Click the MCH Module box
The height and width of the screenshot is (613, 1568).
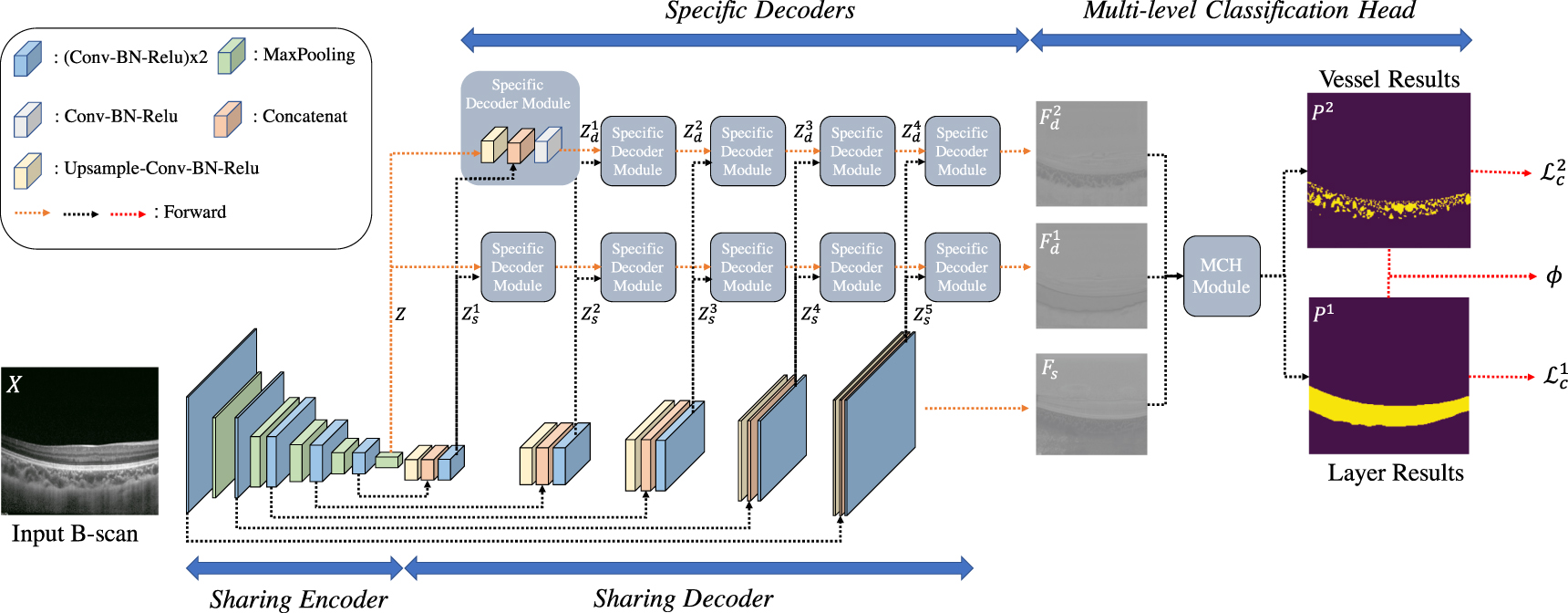coord(1222,276)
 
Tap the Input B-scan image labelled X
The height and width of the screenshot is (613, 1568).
coord(80,441)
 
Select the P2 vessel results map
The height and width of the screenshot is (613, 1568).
coord(1388,171)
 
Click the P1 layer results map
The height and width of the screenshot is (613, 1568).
coord(1388,375)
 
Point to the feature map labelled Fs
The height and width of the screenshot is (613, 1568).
coord(1091,404)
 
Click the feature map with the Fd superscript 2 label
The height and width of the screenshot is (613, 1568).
coord(1091,153)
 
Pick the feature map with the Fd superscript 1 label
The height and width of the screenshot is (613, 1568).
coord(1091,275)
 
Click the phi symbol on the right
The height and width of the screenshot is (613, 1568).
coord(1553,275)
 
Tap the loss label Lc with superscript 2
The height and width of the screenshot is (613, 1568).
coord(1553,171)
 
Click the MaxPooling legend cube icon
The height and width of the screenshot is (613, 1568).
coord(232,57)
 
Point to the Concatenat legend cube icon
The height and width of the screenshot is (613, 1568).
coord(227,119)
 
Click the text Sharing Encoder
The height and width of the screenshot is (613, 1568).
coord(298,599)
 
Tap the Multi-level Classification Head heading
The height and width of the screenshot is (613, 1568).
coord(1249,11)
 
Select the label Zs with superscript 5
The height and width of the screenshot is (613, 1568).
coord(923,315)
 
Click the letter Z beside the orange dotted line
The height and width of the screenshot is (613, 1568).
coord(400,314)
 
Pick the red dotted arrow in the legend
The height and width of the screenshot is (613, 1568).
coord(128,213)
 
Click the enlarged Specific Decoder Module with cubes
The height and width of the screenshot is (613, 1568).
coord(520,128)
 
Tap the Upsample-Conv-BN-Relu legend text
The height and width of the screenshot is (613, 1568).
coord(161,169)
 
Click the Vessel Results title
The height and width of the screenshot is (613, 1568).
coord(1388,79)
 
